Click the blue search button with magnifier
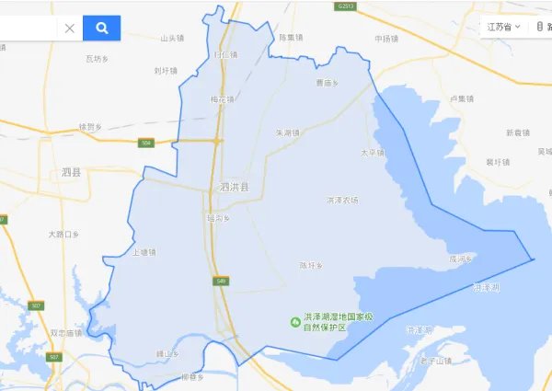coord(101,28)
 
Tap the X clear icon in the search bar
coord(70,29)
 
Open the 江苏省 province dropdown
coord(504,27)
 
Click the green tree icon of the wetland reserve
coord(295,321)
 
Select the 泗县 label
coord(72,172)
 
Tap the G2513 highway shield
coord(345,6)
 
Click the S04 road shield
coord(146,143)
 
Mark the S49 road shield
coord(221,281)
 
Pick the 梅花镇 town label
coord(223,99)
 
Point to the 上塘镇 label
coord(144,251)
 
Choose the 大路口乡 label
coord(64,235)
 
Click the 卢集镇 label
coord(462,98)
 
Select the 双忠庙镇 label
coord(67,333)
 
